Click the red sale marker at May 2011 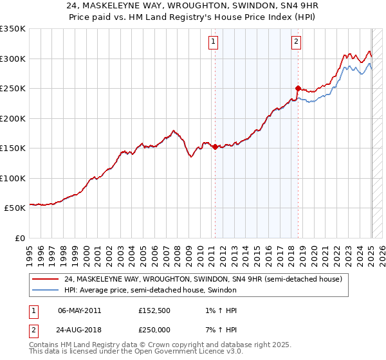215,147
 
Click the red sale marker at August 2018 298,88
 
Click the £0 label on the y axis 19,238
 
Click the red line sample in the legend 45,279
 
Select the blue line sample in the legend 45,290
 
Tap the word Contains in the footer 46,345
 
